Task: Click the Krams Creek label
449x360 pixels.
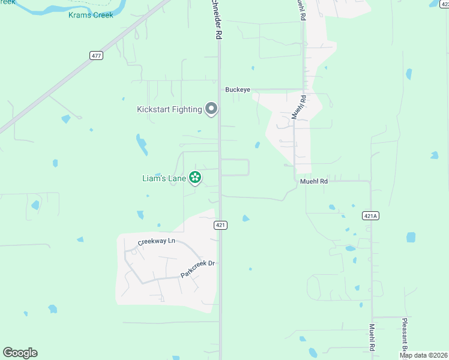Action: pyautogui.click(x=91, y=15)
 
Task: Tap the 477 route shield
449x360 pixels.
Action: pyautogui.click(x=97, y=55)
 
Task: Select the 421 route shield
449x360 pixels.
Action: pyautogui.click(x=221, y=225)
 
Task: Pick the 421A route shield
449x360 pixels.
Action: pyautogui.click(x=371, y=215)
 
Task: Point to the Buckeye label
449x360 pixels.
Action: pyautogui.click(x=237, y=90)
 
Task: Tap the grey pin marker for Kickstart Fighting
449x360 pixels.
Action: pyautogui.click(x=211, y=109)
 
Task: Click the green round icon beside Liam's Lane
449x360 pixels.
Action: pyautogui.click(x=194, y=177)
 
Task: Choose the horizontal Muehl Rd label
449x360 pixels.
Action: pyautogui.click(x=314, y=181)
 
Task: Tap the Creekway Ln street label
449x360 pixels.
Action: pyautogui.click(x=156, y=241)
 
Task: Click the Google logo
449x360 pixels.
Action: pyautogui.click(x=20, y=353)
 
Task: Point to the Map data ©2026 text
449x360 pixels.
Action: pyautogui.click(x=423, y=355)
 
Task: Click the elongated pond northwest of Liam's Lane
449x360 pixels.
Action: pyautogui.click(x=142, y=145)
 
